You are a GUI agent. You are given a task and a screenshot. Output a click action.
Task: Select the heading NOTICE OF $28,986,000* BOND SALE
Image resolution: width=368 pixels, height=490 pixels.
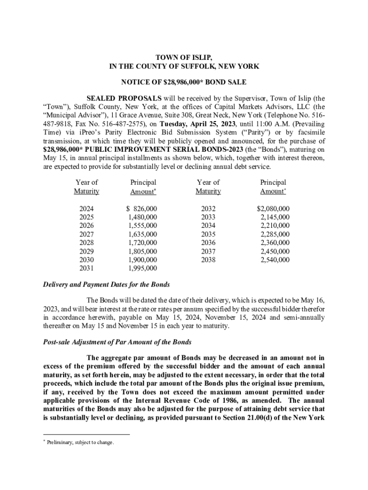coord(184,82)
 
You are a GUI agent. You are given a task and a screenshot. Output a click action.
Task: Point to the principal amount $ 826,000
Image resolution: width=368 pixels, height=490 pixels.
coord(142,209)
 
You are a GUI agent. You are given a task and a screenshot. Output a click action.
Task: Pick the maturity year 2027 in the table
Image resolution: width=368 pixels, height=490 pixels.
coord(87,234)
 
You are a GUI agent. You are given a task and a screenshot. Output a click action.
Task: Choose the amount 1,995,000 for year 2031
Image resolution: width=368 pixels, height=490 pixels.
coord(143,268)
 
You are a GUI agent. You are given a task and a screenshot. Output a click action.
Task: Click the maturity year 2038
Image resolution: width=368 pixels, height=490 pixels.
coord(208,260)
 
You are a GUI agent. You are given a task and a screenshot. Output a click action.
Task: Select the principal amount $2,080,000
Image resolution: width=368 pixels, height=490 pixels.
coord(273,209)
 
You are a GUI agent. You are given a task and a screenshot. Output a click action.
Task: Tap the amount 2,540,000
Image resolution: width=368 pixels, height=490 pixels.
coord(275,260)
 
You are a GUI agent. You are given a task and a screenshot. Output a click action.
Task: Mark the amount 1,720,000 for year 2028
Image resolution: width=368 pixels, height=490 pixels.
coord(143,243)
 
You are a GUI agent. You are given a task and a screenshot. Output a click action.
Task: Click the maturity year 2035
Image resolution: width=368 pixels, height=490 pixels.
coord(208,234)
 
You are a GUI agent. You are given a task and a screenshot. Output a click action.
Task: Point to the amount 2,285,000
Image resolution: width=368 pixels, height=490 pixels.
coord(275,234)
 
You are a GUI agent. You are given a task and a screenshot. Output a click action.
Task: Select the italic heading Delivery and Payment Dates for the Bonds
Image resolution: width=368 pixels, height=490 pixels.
coord(104,284)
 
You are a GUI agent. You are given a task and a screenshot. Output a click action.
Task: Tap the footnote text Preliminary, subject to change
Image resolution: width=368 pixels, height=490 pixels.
coord(80,442)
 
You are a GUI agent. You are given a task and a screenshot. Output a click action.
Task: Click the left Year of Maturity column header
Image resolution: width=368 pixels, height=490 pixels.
coord(87,187)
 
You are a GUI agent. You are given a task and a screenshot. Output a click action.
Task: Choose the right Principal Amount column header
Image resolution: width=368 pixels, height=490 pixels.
coord(273,187)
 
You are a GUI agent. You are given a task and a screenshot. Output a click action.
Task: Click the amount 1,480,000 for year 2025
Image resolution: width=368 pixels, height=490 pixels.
coord(143,217)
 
